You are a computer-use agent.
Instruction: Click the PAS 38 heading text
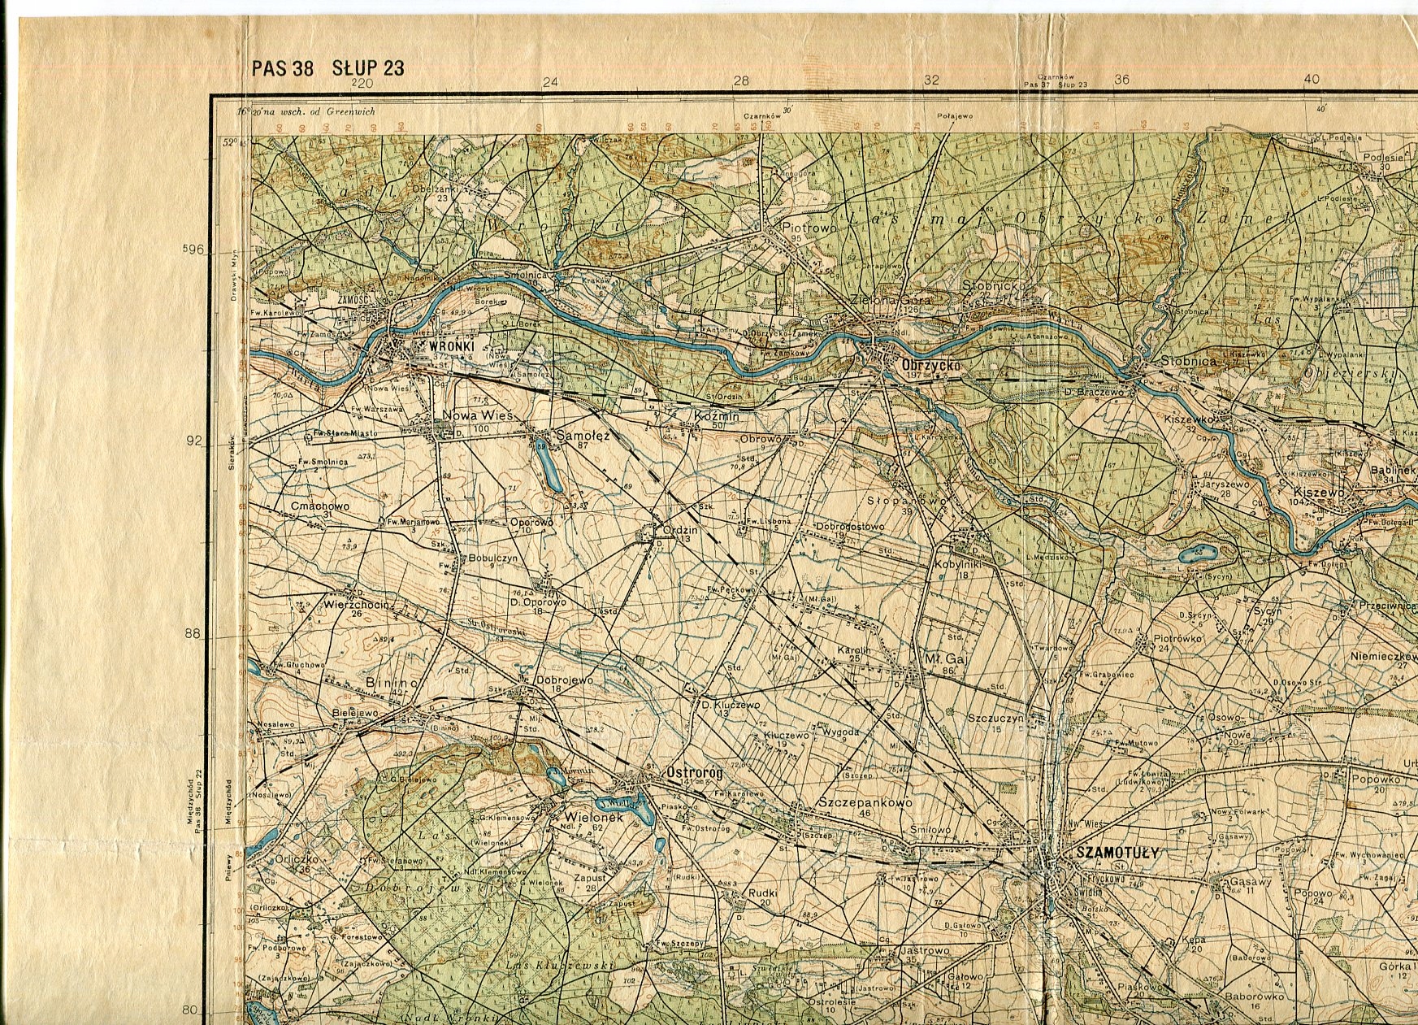point(282,67)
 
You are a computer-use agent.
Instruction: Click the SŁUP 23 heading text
point(367,67)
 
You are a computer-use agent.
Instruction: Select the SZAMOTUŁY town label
point(1117,853)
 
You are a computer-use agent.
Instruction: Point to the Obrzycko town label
point(930,367)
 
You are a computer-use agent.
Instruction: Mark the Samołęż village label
point(583,436)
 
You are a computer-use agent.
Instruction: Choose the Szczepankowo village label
point(865,802)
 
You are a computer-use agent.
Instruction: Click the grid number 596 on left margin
point(195,250)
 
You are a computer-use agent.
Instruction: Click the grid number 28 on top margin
point(740,80)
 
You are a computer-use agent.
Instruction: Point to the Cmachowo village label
point(319,506)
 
